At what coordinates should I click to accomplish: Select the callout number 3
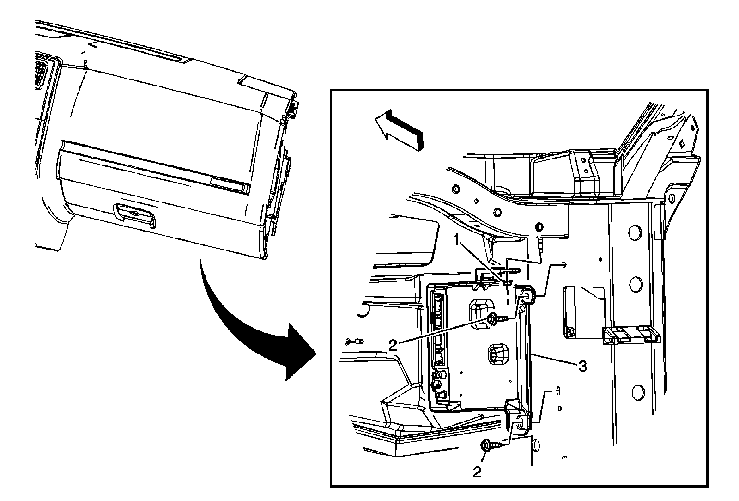click(582, 367)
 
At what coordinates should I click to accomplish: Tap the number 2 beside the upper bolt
click(393, 345)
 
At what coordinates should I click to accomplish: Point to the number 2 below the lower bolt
click(477, 471)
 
